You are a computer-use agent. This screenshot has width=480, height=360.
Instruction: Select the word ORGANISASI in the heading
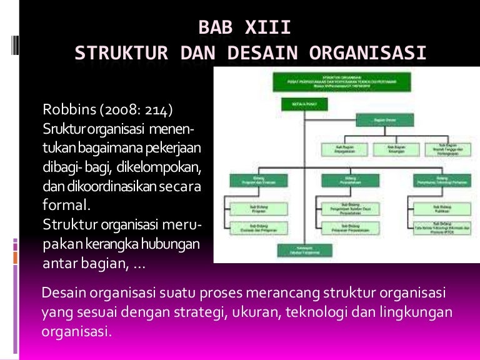[368, 54]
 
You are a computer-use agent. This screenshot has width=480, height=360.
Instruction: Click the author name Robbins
[67, 111]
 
